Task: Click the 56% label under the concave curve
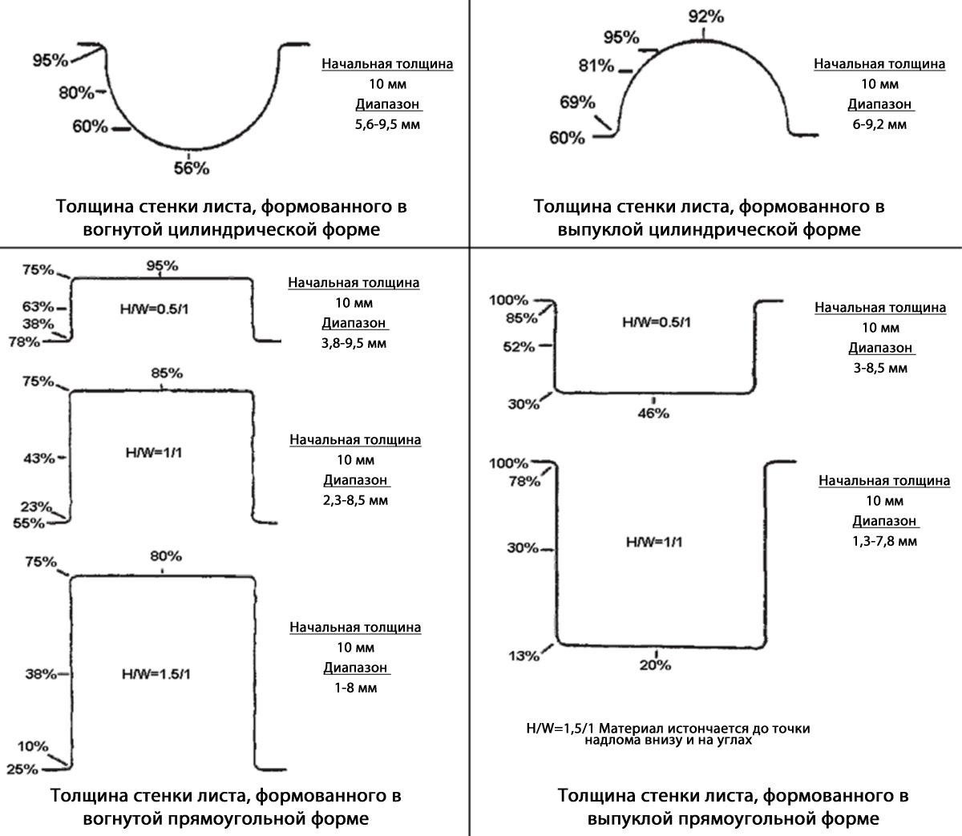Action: tap(192, 168)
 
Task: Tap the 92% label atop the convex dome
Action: tap(705, 17)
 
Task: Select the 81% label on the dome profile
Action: tap(596, 65)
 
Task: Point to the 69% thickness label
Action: tap(577, 102)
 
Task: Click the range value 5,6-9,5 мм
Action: tap(387, 124)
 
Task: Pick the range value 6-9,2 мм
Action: tap(879, 124)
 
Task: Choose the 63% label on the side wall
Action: tap(38, 307)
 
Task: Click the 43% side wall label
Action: tap(39, 458)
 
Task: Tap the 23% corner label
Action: tap(36, 507)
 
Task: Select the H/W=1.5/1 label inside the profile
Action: tap(156, 674)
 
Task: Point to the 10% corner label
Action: tap(33, 746)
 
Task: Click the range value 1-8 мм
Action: tap(355, 688)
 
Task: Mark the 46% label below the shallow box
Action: tap(653, 414)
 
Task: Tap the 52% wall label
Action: tap(519, 347)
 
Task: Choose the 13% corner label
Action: tap(523, 656)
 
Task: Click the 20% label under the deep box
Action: tap(655, 665)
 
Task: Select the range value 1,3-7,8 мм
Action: tap(884, 541)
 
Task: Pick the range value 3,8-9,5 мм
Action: tap(354, 344)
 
